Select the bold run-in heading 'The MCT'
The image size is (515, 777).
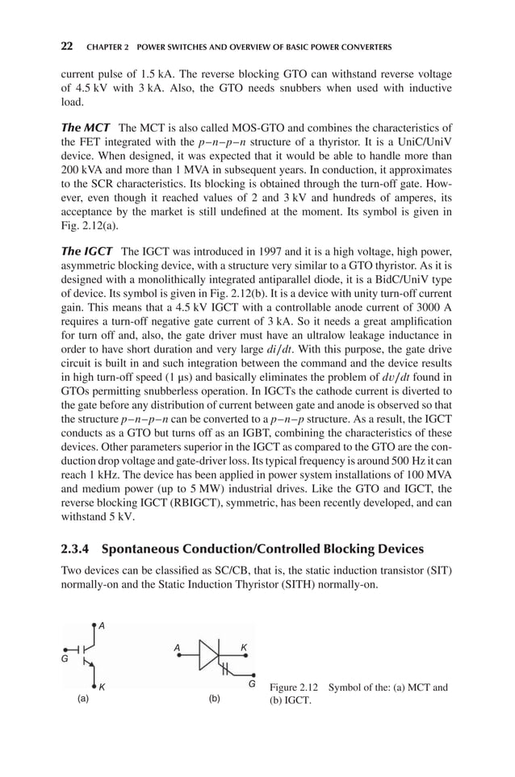pos(86,128)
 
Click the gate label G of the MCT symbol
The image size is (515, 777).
pos(64,658)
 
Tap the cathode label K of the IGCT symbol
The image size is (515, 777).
pos(243,647)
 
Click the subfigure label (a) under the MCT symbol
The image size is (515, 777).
pos(82,700)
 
